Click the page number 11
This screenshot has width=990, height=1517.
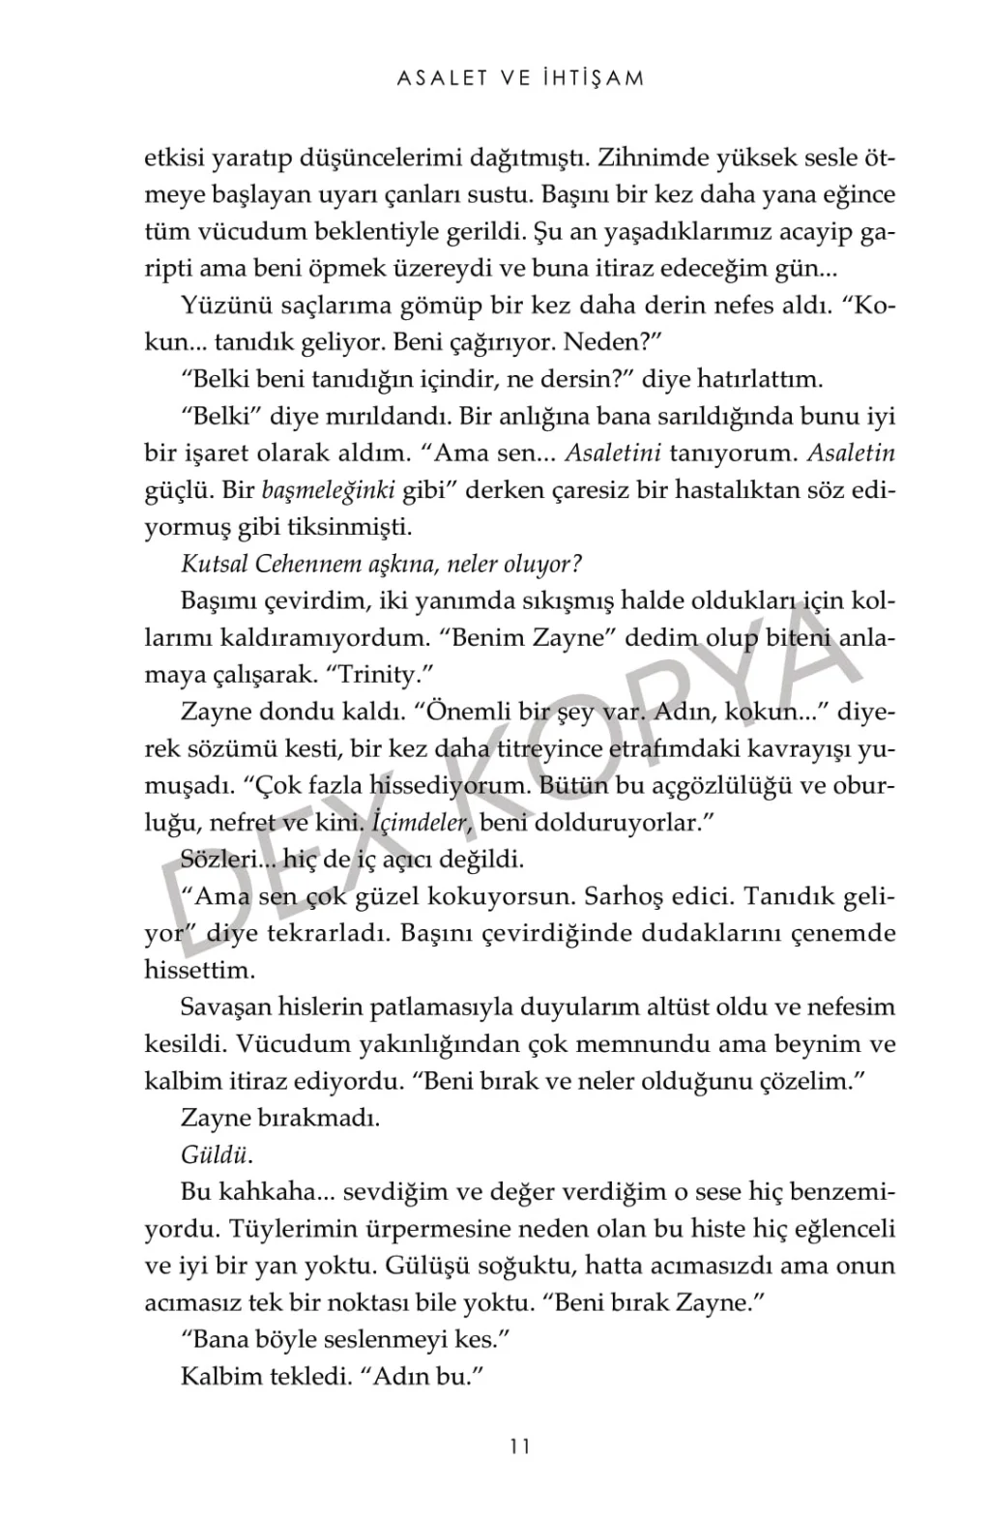coord(519,1447)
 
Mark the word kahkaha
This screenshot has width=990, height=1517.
coord(270,1192)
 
